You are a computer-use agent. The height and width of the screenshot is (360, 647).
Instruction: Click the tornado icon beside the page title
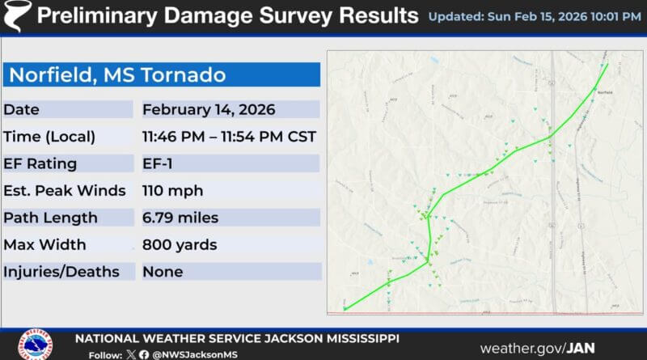point(17,15)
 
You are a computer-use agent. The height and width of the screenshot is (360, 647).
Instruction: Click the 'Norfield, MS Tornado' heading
point(117,76)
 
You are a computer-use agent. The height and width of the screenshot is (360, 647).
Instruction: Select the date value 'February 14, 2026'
point(209,109)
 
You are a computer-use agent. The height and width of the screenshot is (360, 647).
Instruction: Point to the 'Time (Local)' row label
point(49,137)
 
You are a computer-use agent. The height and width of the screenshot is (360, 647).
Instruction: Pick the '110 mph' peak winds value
point(172,191)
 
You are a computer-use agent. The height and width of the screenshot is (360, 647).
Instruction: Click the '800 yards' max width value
point(179,244)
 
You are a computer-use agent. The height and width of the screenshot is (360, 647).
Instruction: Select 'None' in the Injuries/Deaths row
point(163,272)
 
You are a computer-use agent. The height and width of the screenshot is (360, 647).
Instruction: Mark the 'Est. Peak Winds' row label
point(64,191)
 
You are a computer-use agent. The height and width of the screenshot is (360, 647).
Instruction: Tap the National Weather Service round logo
point(36,345)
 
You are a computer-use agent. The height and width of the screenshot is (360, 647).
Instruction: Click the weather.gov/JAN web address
point(537,348)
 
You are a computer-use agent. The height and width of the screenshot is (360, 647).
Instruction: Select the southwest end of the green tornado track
point(345,308)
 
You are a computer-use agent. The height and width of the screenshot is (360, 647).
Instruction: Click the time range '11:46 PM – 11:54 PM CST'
point(229,137)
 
